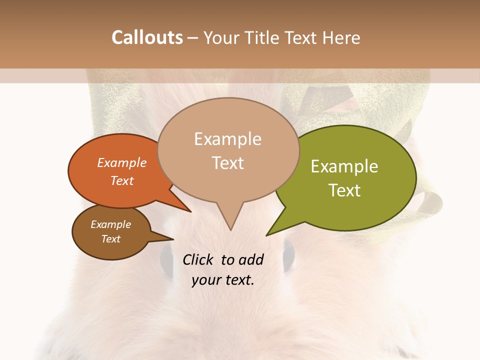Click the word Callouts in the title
pos(147,37)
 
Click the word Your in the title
pos(222,38)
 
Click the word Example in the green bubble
pos(344,166)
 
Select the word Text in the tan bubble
pos(228,163)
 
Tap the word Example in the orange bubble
pos(122,162)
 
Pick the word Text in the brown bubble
pos(110,239)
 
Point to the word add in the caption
pos(251,259)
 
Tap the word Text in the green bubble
pos(345,190)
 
